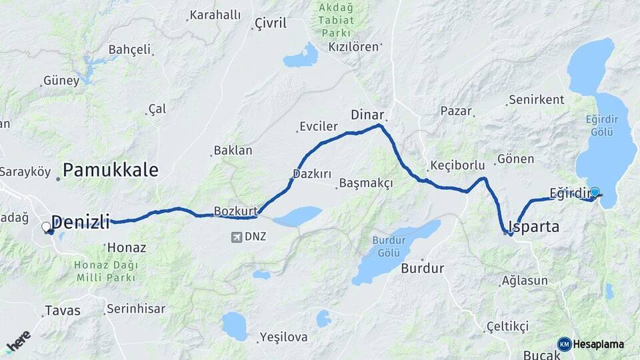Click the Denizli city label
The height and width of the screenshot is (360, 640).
coord(80,222)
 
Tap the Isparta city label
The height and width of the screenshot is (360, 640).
coord(534,227)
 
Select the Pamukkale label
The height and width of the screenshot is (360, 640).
coord(111,170)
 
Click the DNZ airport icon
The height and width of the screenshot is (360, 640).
coord(235,237)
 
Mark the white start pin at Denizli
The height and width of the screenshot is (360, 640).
coord(47,227)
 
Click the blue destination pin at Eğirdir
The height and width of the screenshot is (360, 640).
coord(595,193)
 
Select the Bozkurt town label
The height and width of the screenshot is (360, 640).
coord(235,212)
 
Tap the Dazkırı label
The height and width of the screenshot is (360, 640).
coord(312,174)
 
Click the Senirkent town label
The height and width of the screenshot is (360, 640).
coord(536,100)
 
